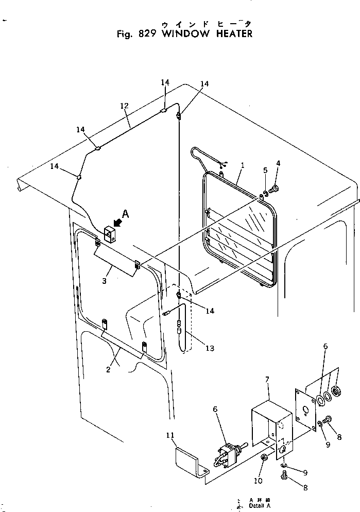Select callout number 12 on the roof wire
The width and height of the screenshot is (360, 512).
pyautogui.click(x=124, y=106)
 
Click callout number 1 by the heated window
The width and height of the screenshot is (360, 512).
pyautogui.click(x=242, y=165)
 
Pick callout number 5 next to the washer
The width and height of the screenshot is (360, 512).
pyautogui.click(x=265, y=170)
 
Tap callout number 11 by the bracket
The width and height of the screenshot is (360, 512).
pyautogui.click(x=170, y=436)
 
